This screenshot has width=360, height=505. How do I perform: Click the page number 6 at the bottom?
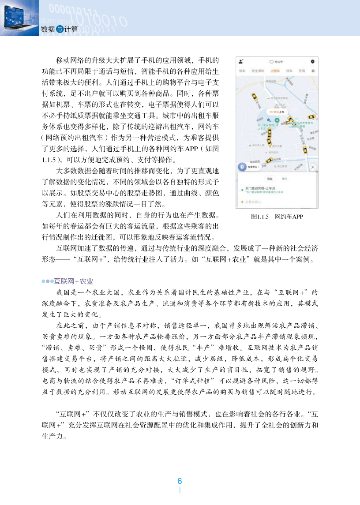coord(180,481)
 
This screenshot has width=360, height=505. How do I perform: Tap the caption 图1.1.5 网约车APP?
coord(277,217)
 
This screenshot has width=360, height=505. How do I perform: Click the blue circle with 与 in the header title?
coord(60,29)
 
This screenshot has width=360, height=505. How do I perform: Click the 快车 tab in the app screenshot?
coord(242,71)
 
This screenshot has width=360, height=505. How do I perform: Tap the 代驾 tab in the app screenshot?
coord(302,71)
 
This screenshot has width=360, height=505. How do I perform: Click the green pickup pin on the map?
coord(277,120)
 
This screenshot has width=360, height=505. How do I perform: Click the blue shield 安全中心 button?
coord(242,168)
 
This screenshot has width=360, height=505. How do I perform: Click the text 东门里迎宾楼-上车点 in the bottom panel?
coord(262,188)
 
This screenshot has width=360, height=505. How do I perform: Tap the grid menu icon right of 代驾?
coord(313,71)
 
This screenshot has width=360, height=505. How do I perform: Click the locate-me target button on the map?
coord(313,168)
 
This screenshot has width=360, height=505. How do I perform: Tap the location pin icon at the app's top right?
coord(312,61)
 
